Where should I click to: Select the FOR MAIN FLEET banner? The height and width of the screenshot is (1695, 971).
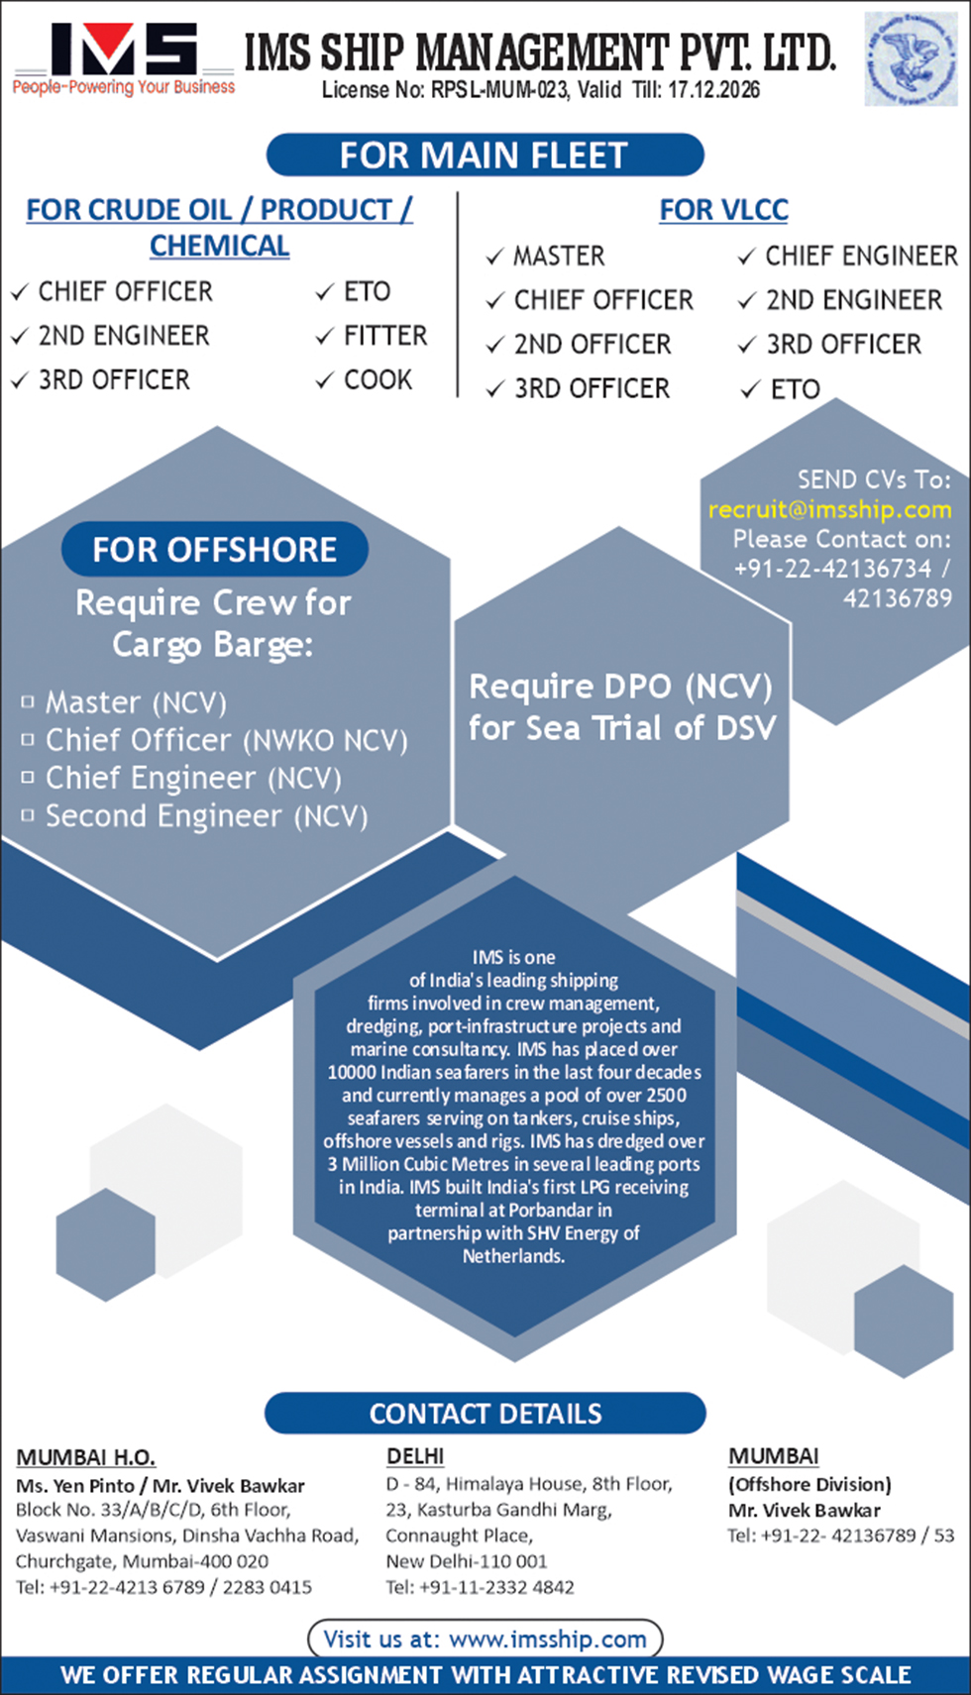pyautogui.click(x=485, y=156)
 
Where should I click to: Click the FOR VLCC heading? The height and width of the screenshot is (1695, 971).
pyautogui.click(x=723, y=210)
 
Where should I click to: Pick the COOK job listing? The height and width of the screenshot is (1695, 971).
pyautogui.click(x=378, y=379)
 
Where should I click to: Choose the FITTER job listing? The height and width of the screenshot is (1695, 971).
pyautogui.click(x=385, y=335)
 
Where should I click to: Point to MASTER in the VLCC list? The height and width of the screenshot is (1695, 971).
pyautogui.click(x=559, y=257)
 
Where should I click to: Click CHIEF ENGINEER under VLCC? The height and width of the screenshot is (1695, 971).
pyautogui.click(x=861, y=256)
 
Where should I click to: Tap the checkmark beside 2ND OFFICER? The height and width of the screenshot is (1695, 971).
pyautogui.click(x=495, y=345)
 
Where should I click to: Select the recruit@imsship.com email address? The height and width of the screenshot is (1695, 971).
pyautogui.click(x=829, y=509)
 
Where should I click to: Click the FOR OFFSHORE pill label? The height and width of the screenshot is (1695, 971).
pyautogui.click(x=215, y=550)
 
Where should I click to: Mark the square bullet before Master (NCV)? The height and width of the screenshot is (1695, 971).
pyautogui.click(x=28, y=702)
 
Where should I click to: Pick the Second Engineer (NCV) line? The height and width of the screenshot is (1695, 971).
pyautogui.click(x=207, y=816)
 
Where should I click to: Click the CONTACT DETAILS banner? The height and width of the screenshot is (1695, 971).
pyautogui.click(x=485, y=1414)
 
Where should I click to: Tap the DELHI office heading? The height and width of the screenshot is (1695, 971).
pyautogui.click(x=415, y=1456)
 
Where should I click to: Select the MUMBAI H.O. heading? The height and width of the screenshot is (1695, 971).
pyautogui.click(x=85, y=1457)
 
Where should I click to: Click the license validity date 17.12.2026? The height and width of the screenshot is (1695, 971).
pyautogui.click(x=713, y=90)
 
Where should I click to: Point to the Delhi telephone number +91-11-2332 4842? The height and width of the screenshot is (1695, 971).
pyautogui.click(x=496, y=1587)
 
